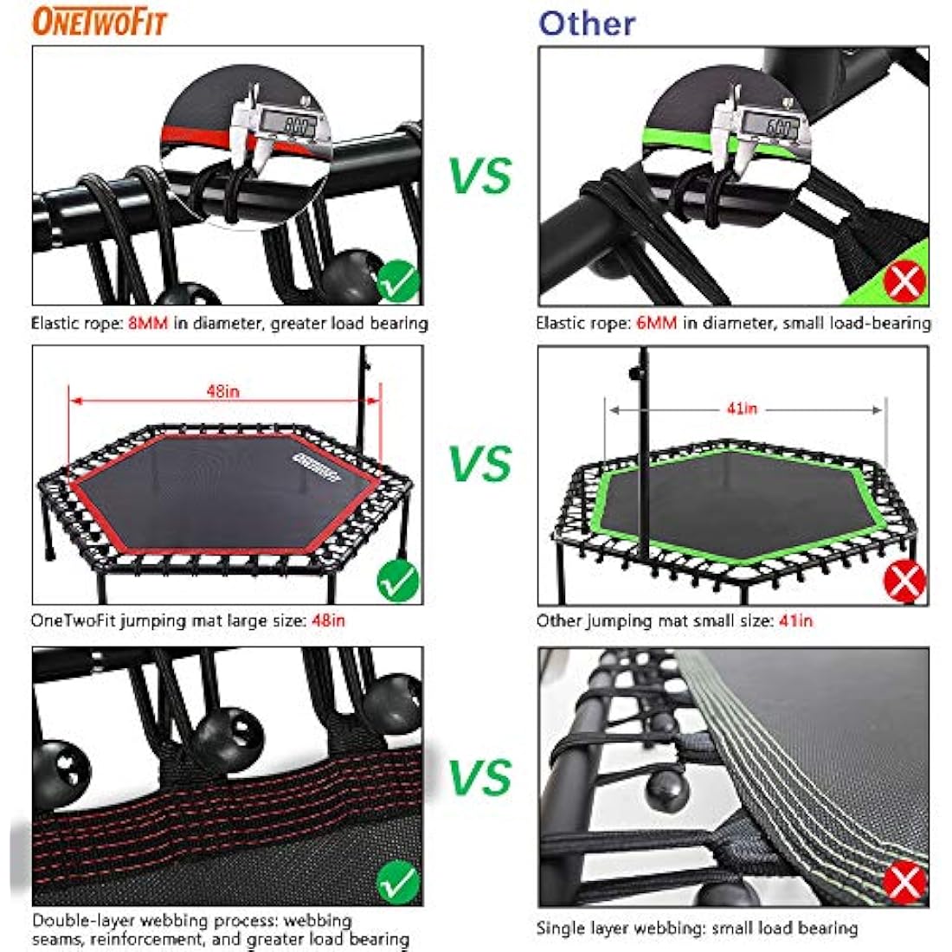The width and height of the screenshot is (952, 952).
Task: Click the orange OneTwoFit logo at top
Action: pos(99,21)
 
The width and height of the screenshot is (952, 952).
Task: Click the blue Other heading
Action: pos(587,23)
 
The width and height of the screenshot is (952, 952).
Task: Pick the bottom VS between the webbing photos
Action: pos(481,776)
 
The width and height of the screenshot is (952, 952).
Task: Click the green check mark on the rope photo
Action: pos(398,281)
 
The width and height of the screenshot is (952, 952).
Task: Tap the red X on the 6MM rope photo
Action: pos(904,281)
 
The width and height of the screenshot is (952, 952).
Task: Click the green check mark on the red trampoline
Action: pos(398,581)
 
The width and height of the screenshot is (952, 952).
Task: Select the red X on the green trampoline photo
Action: pos(904,581)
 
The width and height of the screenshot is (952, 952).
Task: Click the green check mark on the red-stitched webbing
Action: pos(398,883)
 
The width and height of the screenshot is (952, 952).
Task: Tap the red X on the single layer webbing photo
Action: pos(904,883)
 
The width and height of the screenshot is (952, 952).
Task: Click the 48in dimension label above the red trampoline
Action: pos(223,391)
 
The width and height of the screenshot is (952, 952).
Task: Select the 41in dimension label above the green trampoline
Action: pos(742,408)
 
